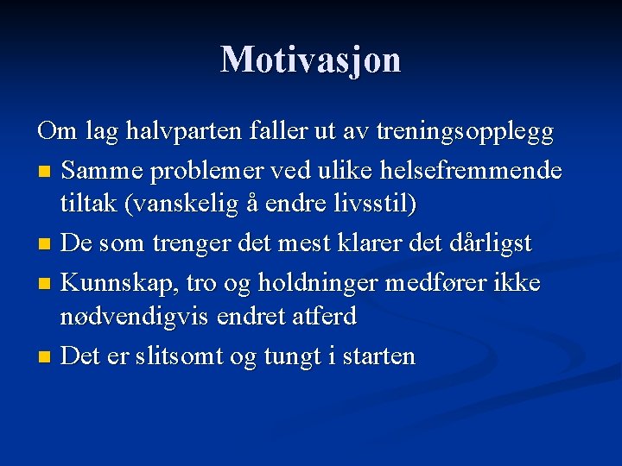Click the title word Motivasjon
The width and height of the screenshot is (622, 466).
coord(311,60)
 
